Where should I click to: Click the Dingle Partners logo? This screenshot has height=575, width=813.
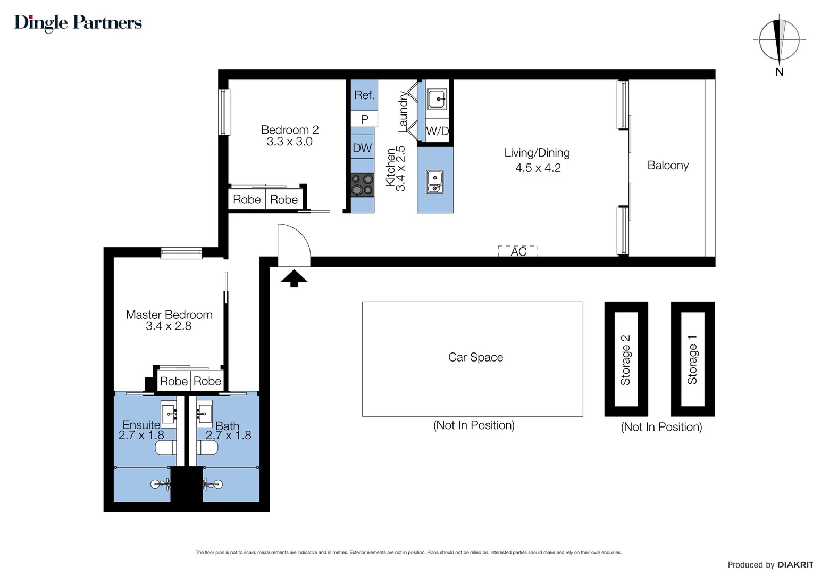pos(78,23)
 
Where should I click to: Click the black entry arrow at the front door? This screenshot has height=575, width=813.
pos(294,278)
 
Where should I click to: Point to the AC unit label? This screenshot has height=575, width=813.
pos(518,251)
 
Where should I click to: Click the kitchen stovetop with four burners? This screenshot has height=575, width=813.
pos(362,185)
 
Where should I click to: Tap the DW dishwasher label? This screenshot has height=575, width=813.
pos(362,148)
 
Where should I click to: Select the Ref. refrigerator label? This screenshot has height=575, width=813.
pos(364,95)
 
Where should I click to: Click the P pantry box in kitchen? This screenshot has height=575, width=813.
pos(364,119)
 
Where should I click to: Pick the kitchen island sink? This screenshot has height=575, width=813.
pos(435,182)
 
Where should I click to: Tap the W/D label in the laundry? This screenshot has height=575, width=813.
pos(437,131)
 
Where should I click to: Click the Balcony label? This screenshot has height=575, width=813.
pos(668,166)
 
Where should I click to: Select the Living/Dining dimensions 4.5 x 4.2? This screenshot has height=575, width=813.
pos(538,168)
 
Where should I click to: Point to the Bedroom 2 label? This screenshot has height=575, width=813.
pos(290,130)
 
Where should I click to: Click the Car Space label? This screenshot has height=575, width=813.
pos(475,357)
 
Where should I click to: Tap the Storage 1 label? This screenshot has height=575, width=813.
pos(692,360)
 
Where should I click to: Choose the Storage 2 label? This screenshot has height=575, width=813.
pos(625,360)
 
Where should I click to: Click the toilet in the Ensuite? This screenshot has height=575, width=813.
pos(166,447)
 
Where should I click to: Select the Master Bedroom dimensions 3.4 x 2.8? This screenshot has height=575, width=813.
pos(169,326)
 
